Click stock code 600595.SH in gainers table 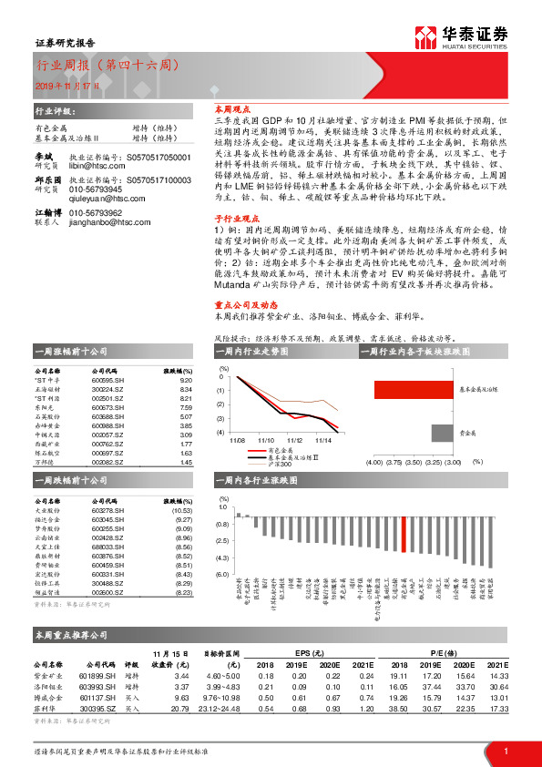[107, 381]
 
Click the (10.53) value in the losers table [182, 511]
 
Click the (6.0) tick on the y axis [223, 575]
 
